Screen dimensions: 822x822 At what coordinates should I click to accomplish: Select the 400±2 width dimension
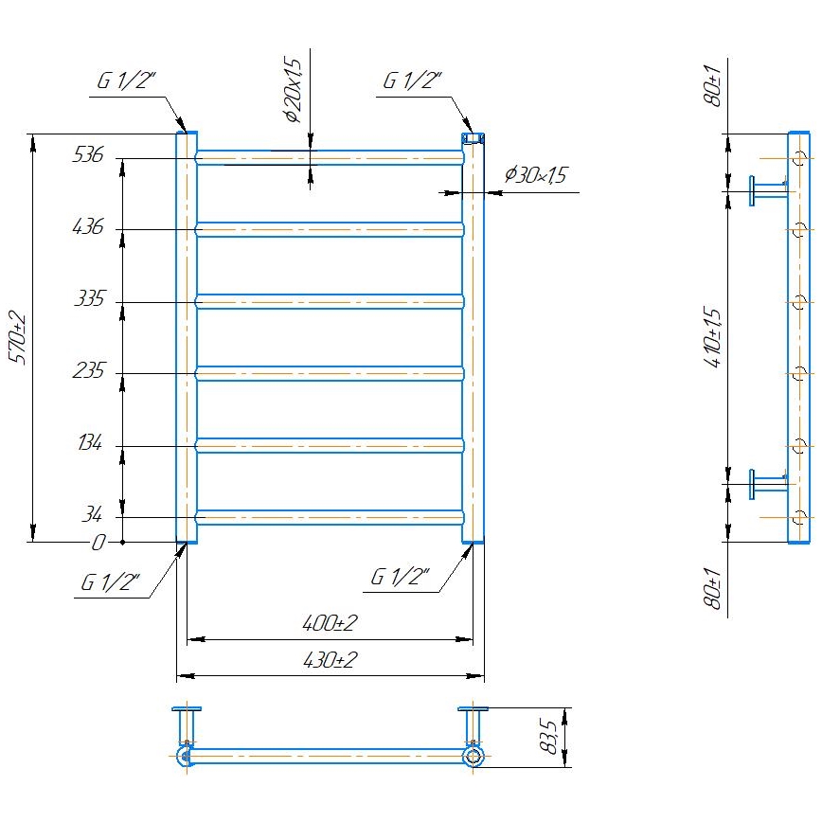click(x=330, y=623)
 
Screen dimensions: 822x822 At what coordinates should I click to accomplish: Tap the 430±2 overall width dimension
click(x=330, y=660)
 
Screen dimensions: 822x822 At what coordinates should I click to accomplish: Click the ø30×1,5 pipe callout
click(x=535, y=175)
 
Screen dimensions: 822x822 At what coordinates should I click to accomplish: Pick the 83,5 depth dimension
click(x=547, y=736)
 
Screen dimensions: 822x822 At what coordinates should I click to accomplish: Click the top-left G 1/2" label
click(x=126, y=82)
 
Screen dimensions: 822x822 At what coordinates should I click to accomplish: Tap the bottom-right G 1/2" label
click(x=400, y=577)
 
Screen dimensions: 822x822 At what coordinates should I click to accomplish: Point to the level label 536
click(x=88, y=156)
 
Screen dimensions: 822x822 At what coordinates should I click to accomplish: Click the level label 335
click(x=88, y=300)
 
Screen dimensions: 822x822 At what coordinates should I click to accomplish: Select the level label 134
click(x=88, y=444)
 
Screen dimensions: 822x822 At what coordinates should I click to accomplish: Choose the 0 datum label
click(x=98, y=544)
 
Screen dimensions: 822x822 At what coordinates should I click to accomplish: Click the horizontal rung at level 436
click(x=330, y=229)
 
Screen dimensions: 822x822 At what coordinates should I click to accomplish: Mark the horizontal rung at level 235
click(x=330, y=373)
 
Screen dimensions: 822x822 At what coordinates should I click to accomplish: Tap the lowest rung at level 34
click(x=330, y=517)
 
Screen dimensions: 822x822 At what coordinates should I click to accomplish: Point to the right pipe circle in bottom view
click(x=473, y=756)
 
